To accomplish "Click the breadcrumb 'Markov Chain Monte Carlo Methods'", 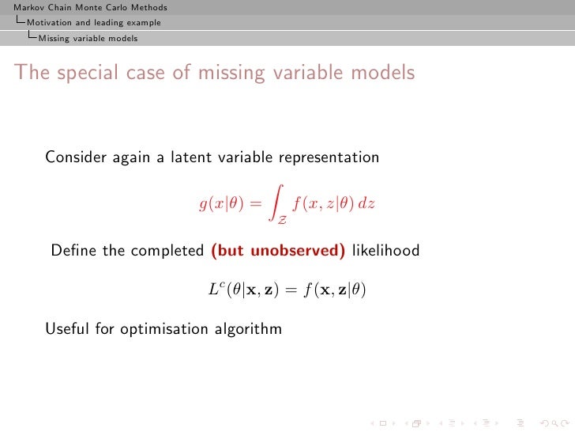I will click(x=85, y=8).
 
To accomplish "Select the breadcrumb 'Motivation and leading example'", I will click(x=93, y=23).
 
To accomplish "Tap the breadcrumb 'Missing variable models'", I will click(x=88, y=38).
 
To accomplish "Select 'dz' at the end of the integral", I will click(x=366, y=203).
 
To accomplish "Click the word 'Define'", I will click(x=73, y=252).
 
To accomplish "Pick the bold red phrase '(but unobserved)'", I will click(x=278, y=252).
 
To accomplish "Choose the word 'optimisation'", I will click(x=166, y=328).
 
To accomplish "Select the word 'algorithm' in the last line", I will click(x=248, y=328).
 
